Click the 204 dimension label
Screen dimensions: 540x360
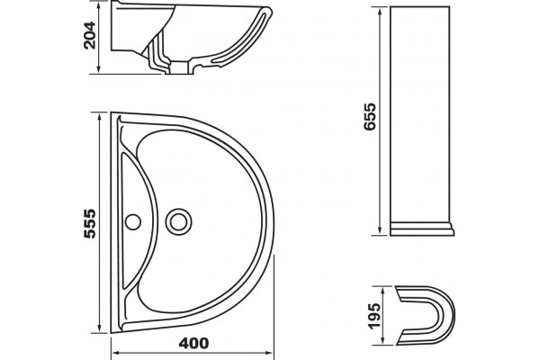(x=89, y=35)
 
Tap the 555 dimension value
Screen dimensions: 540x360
(x=90, y=223)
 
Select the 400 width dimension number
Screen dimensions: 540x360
(x=193, y=343)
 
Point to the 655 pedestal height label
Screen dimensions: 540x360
(x=370, y=116)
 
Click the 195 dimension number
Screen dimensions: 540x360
(x=374, y=316)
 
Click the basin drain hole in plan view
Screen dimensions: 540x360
(x=178, y=221)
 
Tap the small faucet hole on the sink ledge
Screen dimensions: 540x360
(x=133, y=222)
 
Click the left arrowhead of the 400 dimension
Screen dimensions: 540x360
(x=116, y=353)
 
